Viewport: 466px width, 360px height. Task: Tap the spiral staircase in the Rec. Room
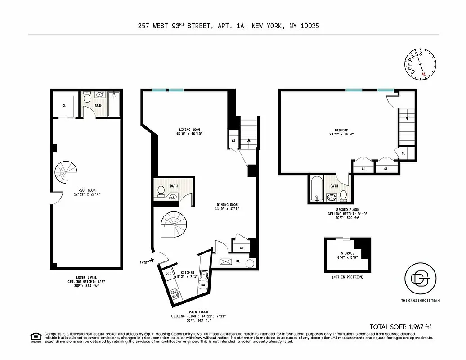[67, 174]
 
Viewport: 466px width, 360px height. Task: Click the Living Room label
[189, 130]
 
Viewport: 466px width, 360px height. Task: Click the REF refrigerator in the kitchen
[169, 274]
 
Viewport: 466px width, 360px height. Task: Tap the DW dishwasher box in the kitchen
[203, 285]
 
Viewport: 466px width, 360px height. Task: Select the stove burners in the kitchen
[176, 293]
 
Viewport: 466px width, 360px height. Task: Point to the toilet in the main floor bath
[161, 192]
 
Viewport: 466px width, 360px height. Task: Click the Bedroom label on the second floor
[338, 130]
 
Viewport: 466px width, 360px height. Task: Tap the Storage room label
[347, 253]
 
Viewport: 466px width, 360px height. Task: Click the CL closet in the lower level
[64, 106]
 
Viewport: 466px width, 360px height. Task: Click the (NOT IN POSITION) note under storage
[347, 277]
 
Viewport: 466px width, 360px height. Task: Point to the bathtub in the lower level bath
[114, 104]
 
